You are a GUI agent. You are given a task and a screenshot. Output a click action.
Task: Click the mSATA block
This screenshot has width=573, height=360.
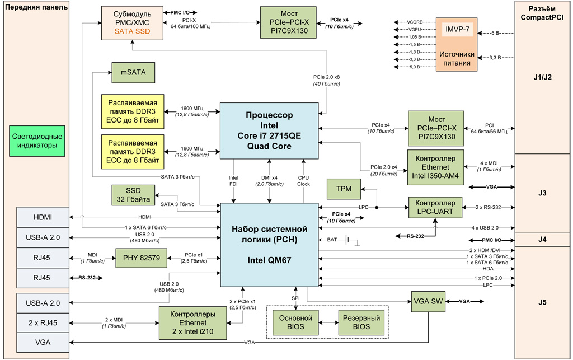coord(130,72)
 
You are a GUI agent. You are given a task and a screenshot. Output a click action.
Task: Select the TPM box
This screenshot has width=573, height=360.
coord(345,189)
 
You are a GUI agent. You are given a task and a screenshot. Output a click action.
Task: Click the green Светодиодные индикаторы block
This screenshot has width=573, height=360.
coord(37,141)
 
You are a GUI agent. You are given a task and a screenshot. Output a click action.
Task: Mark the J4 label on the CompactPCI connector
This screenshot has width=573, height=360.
coord(542,240)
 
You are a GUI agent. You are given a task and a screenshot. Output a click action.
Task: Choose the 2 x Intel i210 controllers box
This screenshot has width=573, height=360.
coord(192,323)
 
